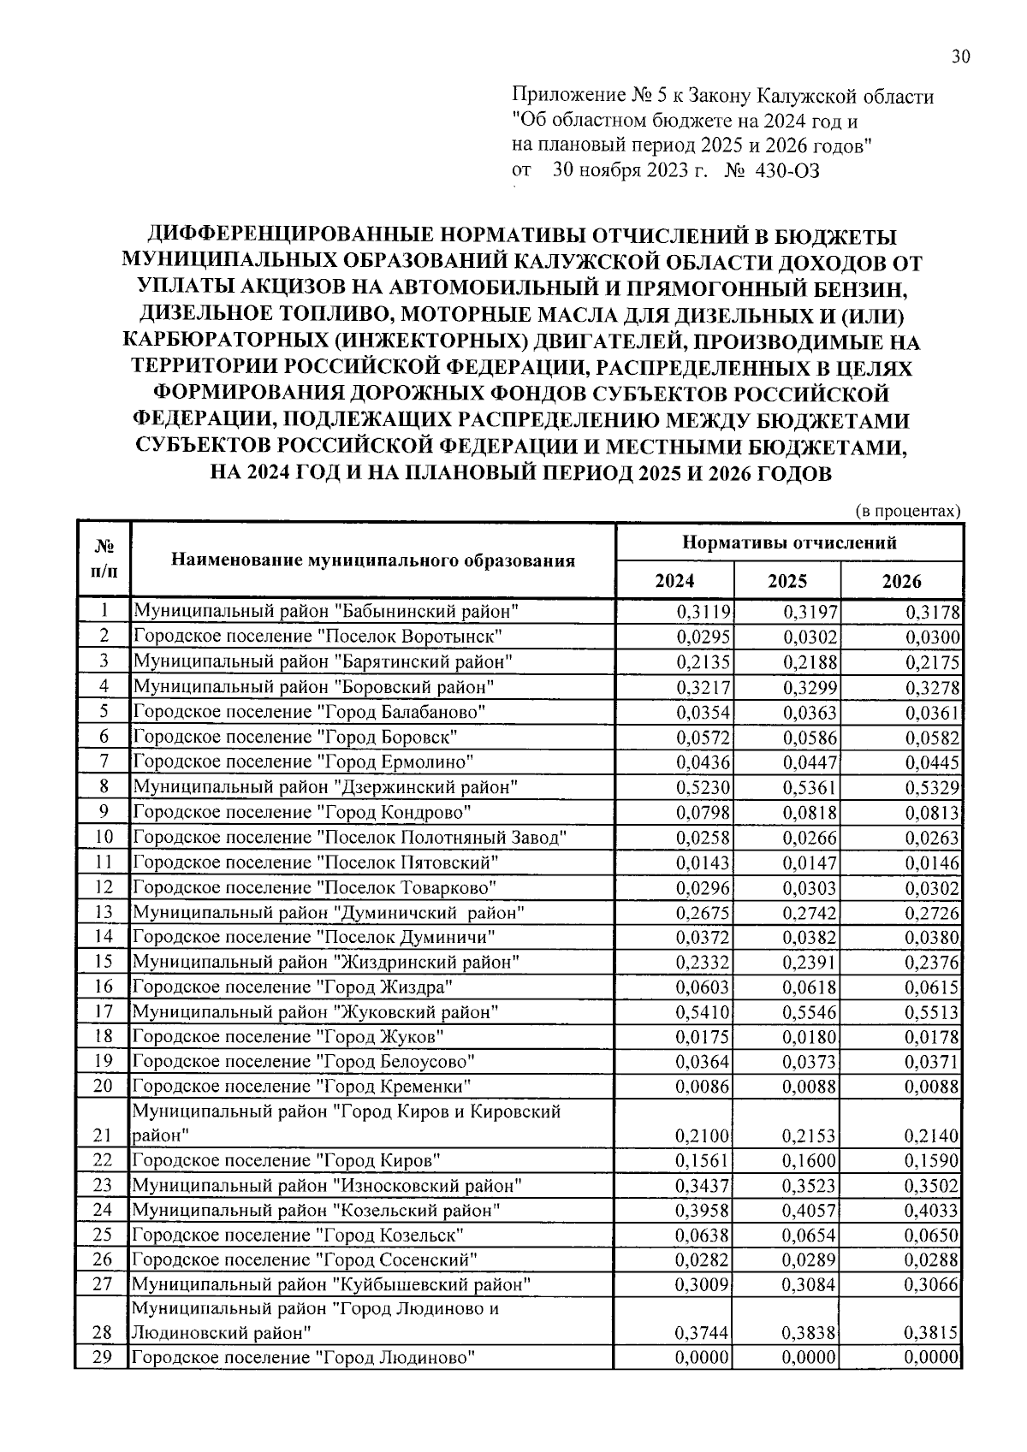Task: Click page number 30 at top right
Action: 960,57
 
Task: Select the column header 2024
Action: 674,581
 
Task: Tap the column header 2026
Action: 901,581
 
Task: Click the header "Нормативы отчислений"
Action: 789,542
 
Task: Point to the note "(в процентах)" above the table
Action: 909,511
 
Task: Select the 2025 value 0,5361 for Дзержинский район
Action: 810,786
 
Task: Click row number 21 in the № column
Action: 103,1135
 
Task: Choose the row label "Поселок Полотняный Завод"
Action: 350,837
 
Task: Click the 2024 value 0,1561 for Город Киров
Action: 703,1161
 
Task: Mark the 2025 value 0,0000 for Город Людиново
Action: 810,1358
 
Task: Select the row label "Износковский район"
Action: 325,1186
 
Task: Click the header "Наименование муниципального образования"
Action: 372,560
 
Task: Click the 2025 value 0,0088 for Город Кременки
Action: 810,1087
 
